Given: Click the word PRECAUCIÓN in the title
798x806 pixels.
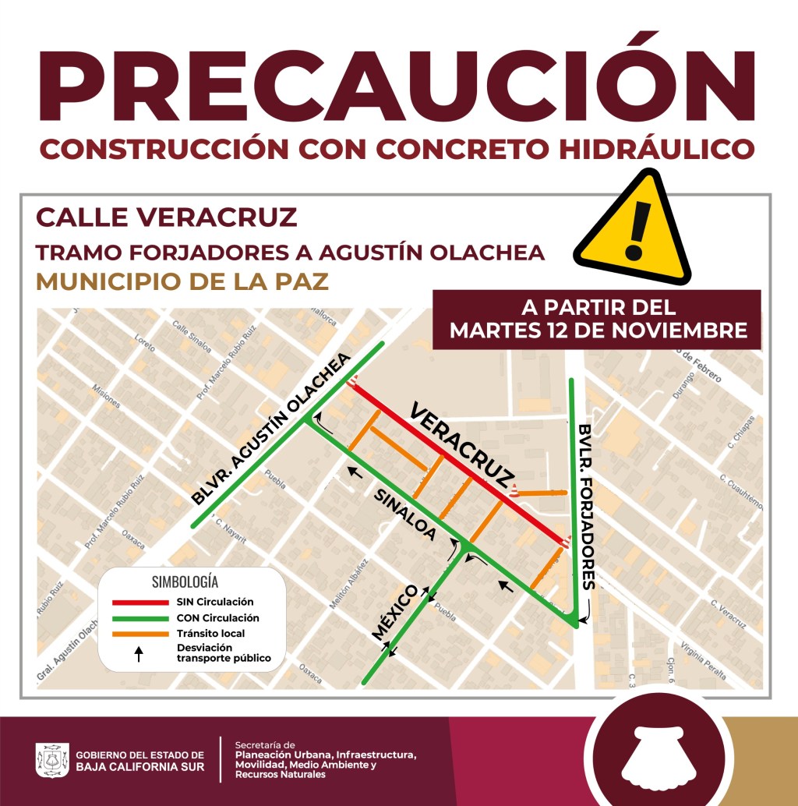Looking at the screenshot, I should (x=398, y=87).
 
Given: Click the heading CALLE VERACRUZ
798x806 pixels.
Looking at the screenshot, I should (x=167, y=217).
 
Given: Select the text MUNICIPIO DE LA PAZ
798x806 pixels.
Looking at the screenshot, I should (x=182, y=281).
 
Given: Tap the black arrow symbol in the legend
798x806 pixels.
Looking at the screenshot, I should (x=139, y=654).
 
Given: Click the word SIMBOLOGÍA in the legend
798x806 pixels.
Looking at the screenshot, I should (x=185, y=582).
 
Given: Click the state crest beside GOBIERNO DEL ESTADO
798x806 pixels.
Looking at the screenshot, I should (x=52, y=761).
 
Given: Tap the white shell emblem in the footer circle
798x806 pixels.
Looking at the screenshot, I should (x=659, y=760).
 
